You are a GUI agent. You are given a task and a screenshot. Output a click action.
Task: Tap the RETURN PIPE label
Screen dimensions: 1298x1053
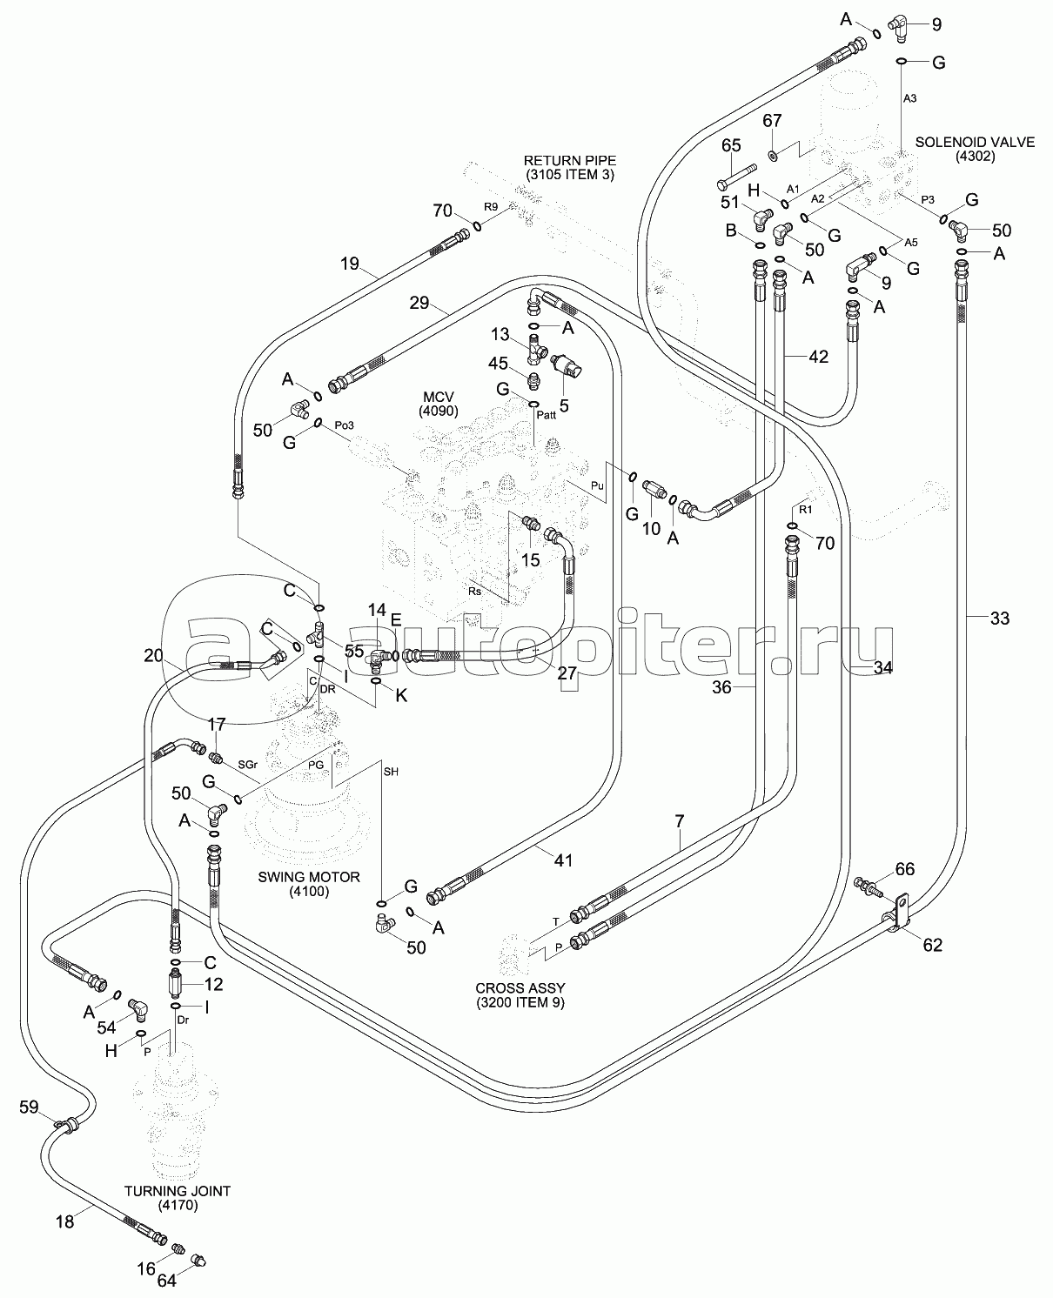coord(569,167)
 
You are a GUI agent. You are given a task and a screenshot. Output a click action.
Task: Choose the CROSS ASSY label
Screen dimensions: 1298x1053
coord(519,994)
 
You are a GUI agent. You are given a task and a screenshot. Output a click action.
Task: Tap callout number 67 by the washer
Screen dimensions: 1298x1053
coord(773,120)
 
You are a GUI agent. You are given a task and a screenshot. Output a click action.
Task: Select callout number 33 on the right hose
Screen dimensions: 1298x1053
coord(1000,619)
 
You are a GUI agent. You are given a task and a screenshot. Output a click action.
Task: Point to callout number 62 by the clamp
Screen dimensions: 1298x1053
coord(932,945)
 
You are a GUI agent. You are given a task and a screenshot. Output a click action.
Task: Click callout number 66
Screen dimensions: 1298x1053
coord(905,869)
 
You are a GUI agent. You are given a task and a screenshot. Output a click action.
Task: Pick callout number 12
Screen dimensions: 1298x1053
coord(213,984)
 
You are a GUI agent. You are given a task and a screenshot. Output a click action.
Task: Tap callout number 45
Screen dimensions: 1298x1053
coord(498,363)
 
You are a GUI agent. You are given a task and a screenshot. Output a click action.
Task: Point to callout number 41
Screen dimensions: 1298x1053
coord(564,860)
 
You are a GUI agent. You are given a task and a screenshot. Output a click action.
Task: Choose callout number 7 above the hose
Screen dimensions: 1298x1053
coord(679,821)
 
